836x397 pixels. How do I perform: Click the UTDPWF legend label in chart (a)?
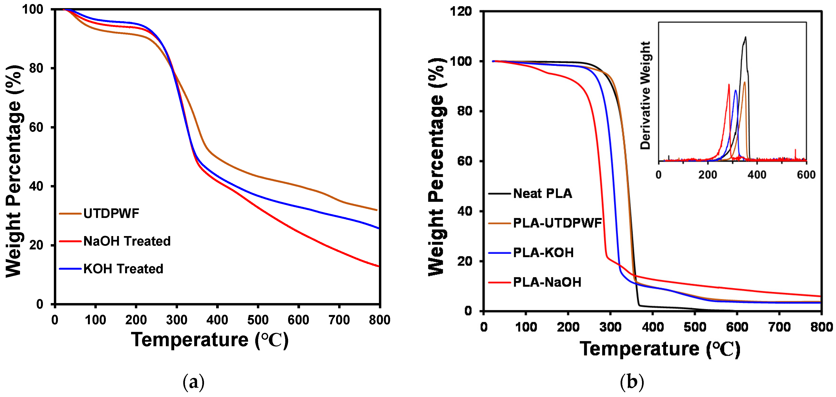click(111, 214)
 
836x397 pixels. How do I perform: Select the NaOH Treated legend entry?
click(127, 241)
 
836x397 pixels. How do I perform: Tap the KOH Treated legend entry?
click(123, 269)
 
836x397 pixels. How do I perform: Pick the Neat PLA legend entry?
click(542, 193)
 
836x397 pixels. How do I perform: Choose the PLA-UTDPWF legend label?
click(557, 223)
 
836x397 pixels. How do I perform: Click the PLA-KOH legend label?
click(543, 253)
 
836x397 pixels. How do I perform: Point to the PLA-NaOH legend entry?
click(547, 282)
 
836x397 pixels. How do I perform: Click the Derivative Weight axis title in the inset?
click(645, 95)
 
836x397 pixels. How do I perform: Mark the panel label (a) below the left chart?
click(194, 382)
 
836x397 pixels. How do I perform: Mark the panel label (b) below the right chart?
click(632, 382)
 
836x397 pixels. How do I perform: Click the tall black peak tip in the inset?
click(745, 37)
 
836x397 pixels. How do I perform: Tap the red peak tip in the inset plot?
click(729, 84)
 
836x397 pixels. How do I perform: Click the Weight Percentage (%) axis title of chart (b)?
click(436, 167)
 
